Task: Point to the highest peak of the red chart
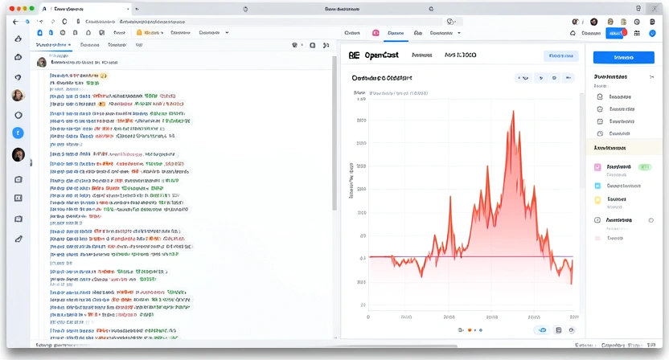(512, 112)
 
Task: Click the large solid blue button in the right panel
(623, 57)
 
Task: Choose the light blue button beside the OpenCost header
(560, 56)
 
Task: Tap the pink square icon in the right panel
(597, 168)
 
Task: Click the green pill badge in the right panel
(644, 167)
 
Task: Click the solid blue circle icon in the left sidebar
(18, 133)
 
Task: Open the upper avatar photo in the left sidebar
(18, 96)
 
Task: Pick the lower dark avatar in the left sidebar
(18, 154)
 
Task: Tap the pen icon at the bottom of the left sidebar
(18, 239)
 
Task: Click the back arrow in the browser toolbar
(14, 22)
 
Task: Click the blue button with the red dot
(618, 33)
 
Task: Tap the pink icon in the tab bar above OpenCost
(376, 34)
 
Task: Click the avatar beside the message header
(41, 62)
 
